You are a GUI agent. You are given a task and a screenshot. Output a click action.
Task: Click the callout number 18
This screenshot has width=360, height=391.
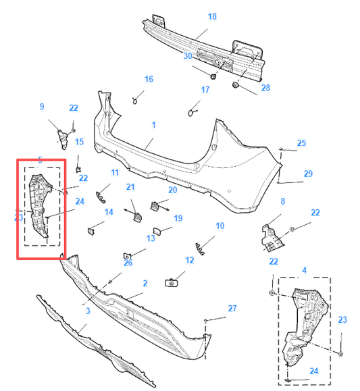point(212,17)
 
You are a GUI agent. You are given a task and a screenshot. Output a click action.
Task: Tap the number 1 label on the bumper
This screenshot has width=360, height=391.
point(153,125)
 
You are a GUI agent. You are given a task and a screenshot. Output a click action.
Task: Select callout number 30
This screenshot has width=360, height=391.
point(188,56)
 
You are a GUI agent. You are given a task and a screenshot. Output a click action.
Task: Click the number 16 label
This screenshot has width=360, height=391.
point(149,80)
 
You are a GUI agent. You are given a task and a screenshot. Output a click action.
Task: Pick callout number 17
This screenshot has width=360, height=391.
point(205,90)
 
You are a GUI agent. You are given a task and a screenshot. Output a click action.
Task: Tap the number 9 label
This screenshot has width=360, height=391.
point(42,107)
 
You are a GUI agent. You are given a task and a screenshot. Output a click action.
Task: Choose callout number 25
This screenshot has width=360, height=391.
point(301,143)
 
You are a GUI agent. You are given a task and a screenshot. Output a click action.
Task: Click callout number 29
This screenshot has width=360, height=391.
point(308,174)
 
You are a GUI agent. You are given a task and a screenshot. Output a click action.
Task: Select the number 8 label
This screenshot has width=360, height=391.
point(282,201)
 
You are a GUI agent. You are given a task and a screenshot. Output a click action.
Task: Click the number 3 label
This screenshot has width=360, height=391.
point(88,311)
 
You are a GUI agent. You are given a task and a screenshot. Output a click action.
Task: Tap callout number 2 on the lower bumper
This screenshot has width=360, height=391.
point(145,284)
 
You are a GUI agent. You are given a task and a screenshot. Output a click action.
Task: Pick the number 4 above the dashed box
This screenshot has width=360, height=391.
point(304,270)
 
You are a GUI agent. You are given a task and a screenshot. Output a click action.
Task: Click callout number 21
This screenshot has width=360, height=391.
point(130,187)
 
